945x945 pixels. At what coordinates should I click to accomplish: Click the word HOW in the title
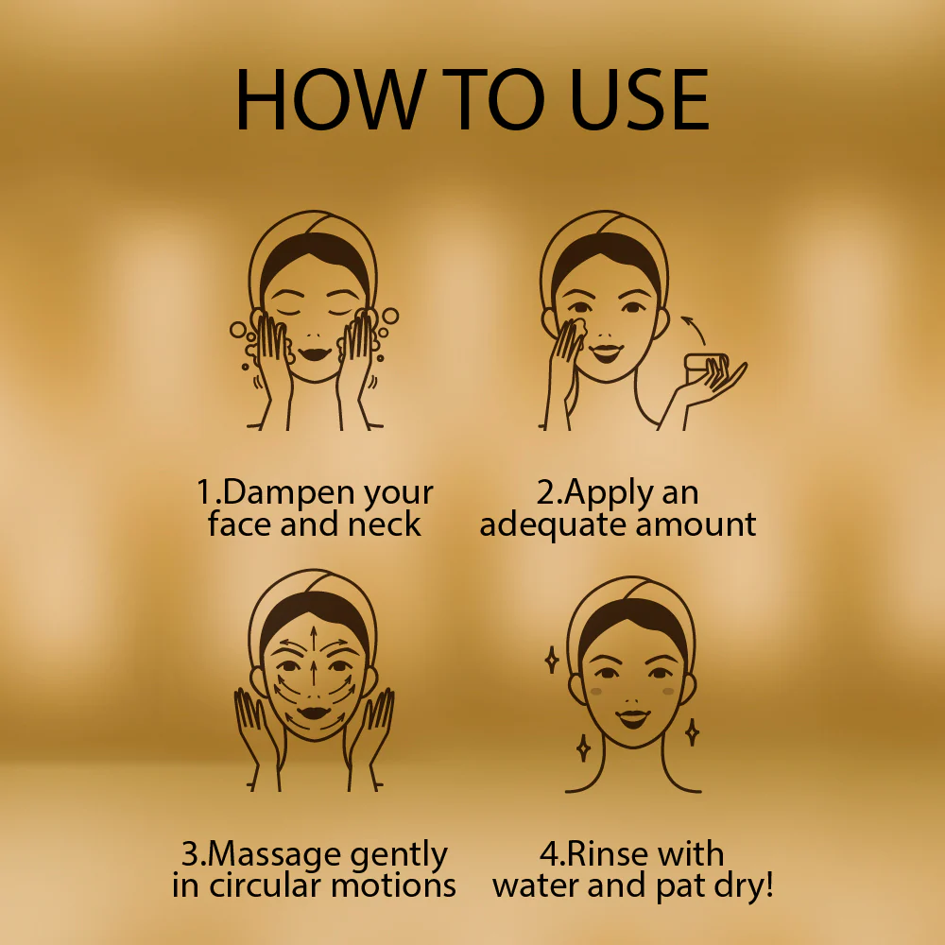[x=331, y=99]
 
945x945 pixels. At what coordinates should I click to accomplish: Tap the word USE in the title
[x=639, y=99]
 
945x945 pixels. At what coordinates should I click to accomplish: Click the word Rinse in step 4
[x=607, y=854]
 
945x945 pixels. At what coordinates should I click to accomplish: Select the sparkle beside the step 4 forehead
[x=552, y=660]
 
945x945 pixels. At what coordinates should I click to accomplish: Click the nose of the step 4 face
[x=632, y=701]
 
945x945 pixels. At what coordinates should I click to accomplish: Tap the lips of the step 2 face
[x=606, y=352]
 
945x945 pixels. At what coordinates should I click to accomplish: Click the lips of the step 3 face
[x=314, y=713]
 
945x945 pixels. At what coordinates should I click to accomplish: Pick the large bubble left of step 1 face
[x=238, y=330]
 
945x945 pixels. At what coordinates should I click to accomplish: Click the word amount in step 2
[x=696, y=524]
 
